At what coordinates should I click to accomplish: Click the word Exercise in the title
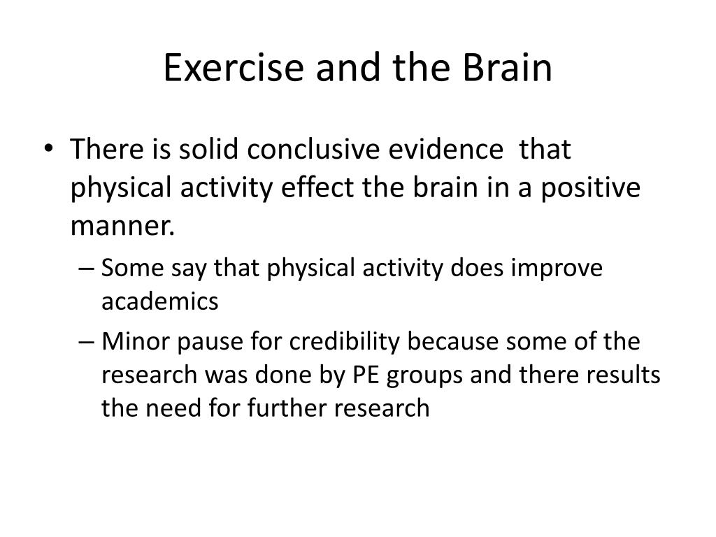(x=234, y=67)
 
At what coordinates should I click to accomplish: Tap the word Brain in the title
(x=507, y=67)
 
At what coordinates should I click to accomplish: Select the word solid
(x=208, y=149)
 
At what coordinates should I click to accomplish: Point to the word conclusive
(x=313, y=149)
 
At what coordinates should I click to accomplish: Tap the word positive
(x=590, y=188)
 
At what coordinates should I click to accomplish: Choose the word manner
(x=122, y=226)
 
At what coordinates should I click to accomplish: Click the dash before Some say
(x=86, y=268)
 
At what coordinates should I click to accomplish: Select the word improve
(x=557, y=268)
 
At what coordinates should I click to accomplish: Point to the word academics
(x=160, y=301)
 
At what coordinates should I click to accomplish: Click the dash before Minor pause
(x=86, y=342)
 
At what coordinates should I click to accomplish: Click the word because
(x=452, y=341)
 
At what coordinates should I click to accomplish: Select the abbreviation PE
(x=366, y=375)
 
